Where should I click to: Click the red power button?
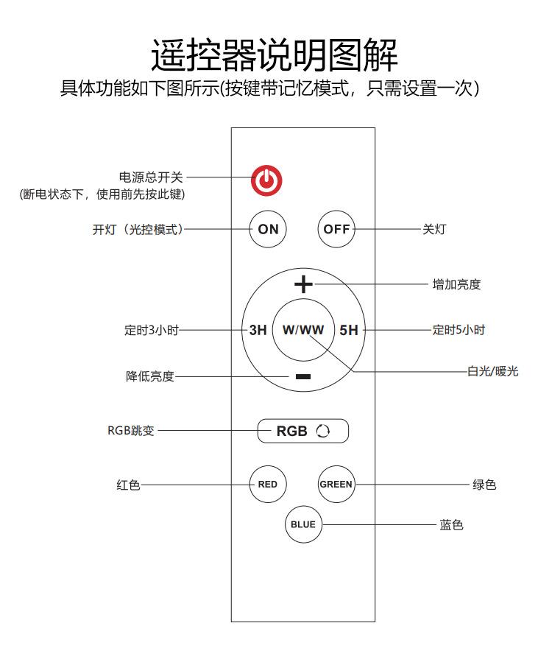[266, 180]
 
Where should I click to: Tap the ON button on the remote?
[268, 229]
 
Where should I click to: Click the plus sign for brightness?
[303, 284]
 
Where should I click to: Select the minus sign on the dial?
[302, 376]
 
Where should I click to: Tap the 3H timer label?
[258, 330]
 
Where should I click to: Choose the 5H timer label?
[349, 330]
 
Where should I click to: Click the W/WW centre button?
[303, 330]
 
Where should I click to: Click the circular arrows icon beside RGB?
[323, 431]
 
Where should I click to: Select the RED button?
[267, 485]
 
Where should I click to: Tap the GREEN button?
[336, 485]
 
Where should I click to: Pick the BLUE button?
[303, 524]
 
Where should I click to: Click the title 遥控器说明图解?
[275, 55]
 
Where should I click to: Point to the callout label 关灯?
[434, 229]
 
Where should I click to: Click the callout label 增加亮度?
[456, 284]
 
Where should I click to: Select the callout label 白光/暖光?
[492, 371]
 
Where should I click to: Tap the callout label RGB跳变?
[130, 431]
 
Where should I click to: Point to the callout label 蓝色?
[451, 525]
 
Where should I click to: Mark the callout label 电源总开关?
[150, 177]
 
